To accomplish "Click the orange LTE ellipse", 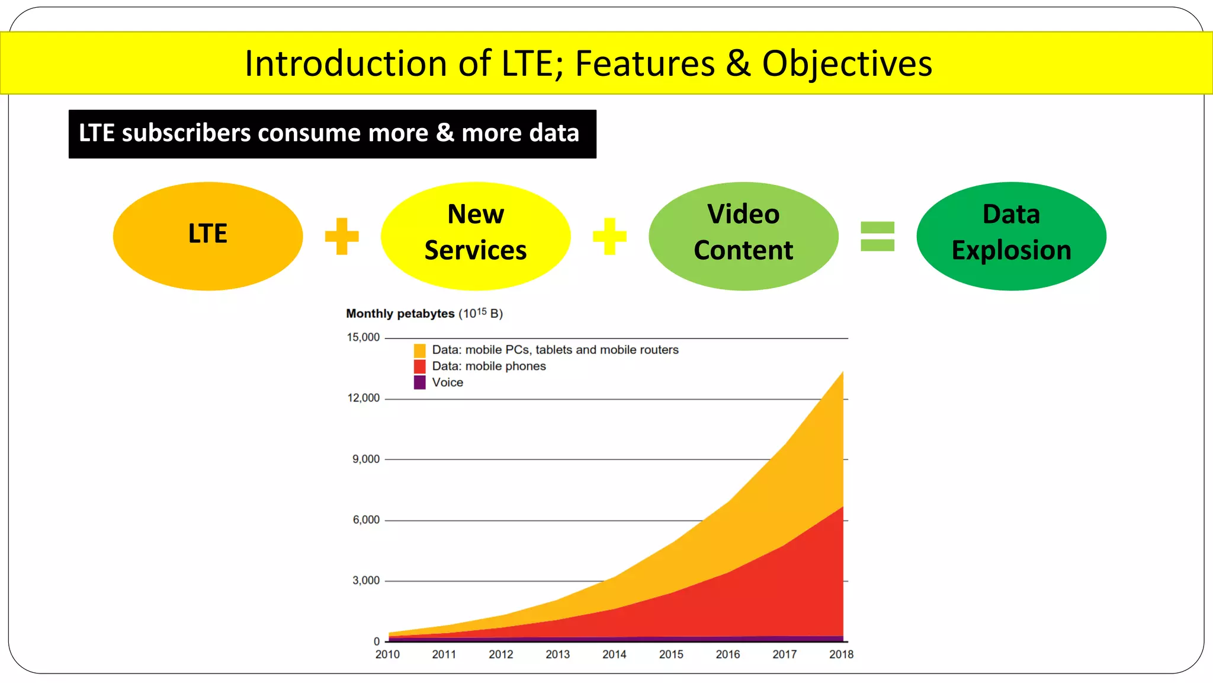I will pyautogui.click(x=207, y=236).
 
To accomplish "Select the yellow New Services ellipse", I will pyautogui.click(x=476, y=236).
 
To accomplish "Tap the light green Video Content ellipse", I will pyautogui.click(x=743, y=236).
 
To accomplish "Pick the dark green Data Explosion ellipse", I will pyautogui.click(x=1011, y=236).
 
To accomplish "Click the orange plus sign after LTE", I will pyautogui.click(x=342, y=236).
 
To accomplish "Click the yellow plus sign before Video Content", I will pyautogui.click(x=609, y=236).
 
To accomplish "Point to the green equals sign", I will pyautogui.click(x=877, y=236).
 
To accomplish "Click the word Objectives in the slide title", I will pyautogui.click(x=847, y=63).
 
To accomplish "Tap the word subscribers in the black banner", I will pyautogui.click(x=186, y=133).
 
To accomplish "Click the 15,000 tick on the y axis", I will pyautogui.click(x=363, y=337).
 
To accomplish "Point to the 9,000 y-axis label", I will pyautogui.click(x=366, y=459).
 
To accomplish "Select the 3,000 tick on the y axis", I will pyautogui.click(x=366, y=580).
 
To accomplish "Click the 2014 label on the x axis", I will pyautogui.click(x=614, y=655).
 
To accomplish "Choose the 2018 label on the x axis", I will pyautogui.click(x=841, y=655).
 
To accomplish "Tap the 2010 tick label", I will pyautogui.click(x=387, y=655).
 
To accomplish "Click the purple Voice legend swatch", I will pyautogui.click(x=420, y=382).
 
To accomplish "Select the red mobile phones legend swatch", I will pyautogui.click(x=420, y=366).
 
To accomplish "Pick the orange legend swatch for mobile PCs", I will pyautogui.click(x=420, y=350).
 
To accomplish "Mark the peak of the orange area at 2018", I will pyautogui.click(x=842, y=373).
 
